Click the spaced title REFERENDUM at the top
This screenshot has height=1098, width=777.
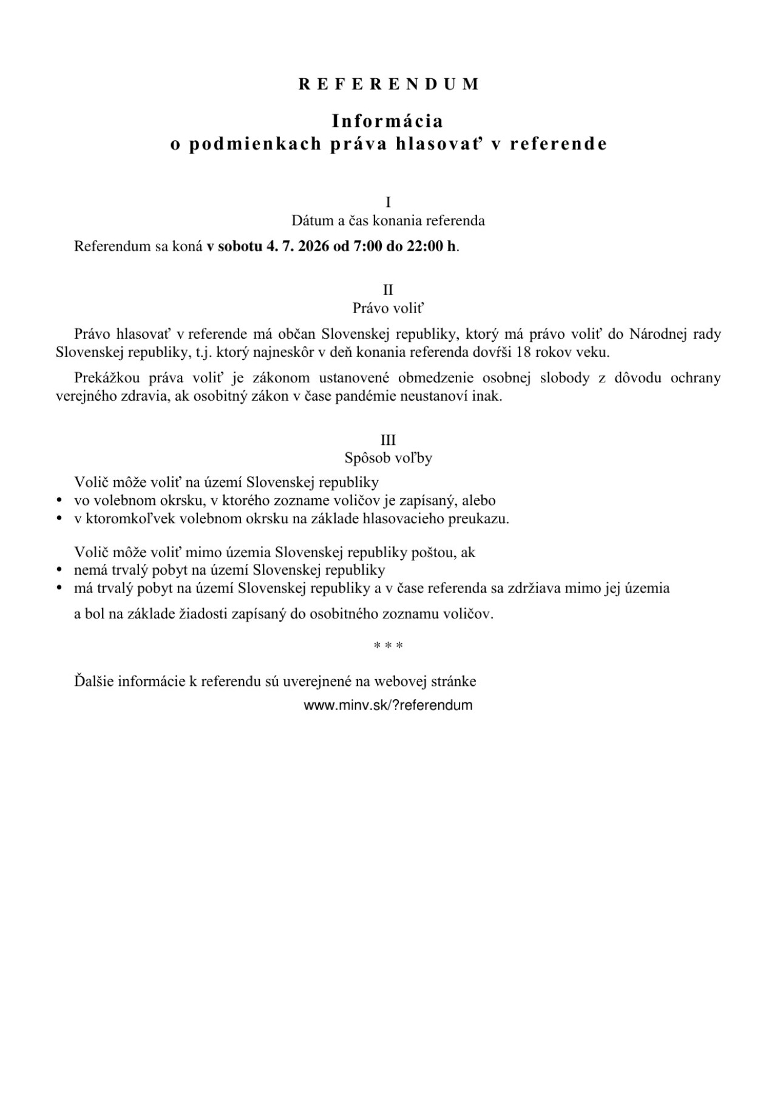click(388, 84)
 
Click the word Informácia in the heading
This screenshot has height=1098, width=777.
click(388, 121)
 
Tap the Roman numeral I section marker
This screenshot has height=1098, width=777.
click(388, 203)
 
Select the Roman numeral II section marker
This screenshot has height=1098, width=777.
click(388, 290)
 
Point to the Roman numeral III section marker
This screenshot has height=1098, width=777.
click(388, 440)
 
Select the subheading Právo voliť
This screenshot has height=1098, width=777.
click(388, 308)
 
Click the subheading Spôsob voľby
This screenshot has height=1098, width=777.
click(388, 458)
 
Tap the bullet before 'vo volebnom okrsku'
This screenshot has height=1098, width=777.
click(59, 501)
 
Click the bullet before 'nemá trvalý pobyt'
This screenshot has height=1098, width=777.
click(59, 571)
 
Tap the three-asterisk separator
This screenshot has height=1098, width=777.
click(388, 646)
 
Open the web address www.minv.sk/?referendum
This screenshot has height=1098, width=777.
click(388, 705)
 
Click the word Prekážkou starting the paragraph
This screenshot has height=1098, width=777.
click(107, 378)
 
